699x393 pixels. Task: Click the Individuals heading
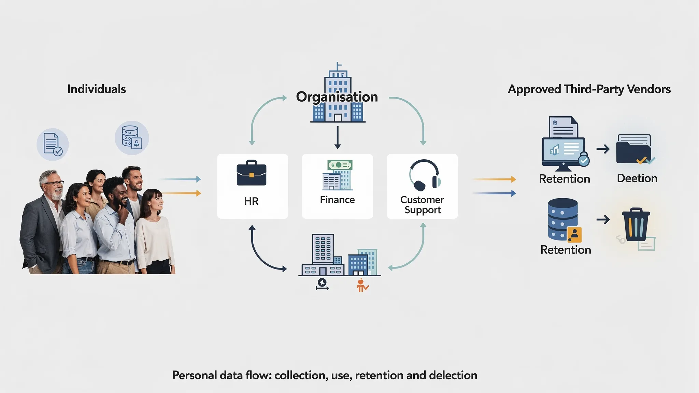[x=97, y=89]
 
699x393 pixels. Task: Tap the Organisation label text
[x=337, y=97]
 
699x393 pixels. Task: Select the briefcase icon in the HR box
[x=252, y=173]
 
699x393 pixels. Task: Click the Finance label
[x=337, y=200]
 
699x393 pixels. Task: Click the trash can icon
[x=636, y=224]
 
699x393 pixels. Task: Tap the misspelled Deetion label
[x=637, y=178]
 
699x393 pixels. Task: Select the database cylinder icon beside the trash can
[x=563, y=219]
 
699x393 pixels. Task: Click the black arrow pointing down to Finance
[x=338, y=137]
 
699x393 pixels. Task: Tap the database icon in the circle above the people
[x=132, y=138]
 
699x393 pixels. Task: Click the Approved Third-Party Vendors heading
[x=589, y=89]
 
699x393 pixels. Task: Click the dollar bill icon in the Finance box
[x=340, y=165]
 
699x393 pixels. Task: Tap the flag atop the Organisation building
[x=339, y=64]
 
